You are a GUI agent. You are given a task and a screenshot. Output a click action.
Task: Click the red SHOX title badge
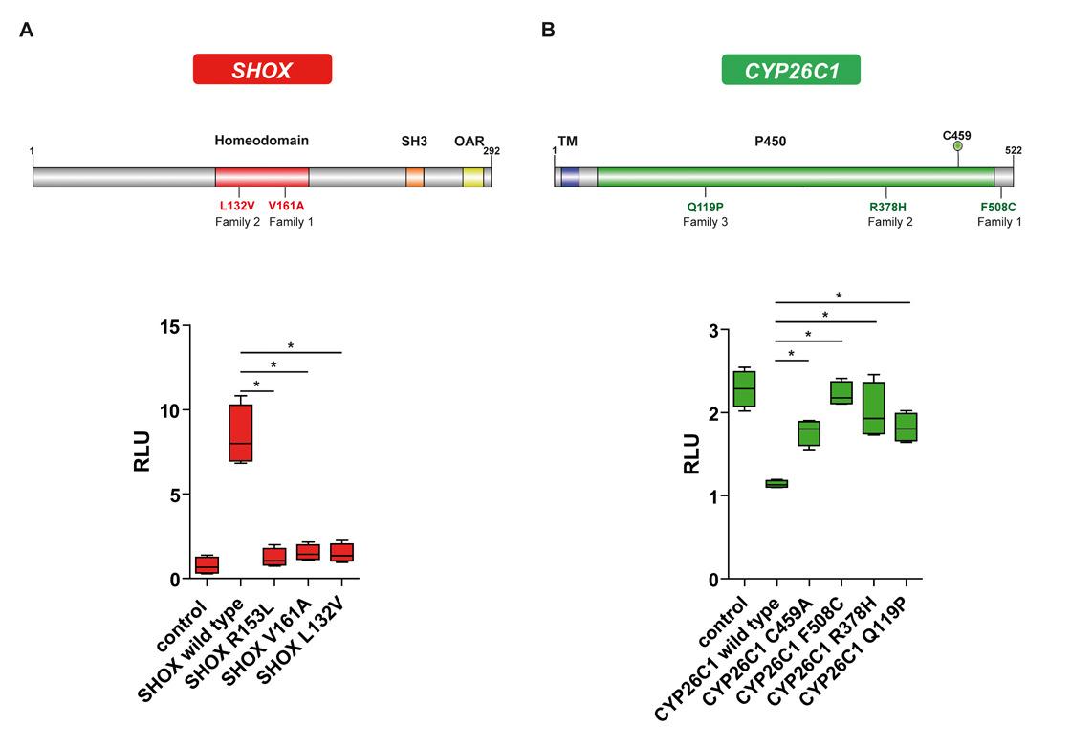[261, 69]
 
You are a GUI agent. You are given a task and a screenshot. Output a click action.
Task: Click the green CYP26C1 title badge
[790, 69]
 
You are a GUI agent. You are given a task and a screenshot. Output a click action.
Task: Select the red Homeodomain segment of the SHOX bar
[261, 177]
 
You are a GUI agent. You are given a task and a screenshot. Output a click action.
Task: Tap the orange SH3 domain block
[414, 177]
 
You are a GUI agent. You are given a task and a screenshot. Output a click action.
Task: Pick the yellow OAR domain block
[471, 177]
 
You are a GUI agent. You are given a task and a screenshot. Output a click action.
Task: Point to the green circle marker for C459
[958, 145]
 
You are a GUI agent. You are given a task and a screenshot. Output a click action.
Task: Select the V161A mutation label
[286, 206]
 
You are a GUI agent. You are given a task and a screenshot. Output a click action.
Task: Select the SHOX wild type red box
[240, 432]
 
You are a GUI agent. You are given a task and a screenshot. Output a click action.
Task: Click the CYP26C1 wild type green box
[776, 484]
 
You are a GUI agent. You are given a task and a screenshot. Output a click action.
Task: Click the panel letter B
[548, 30]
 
